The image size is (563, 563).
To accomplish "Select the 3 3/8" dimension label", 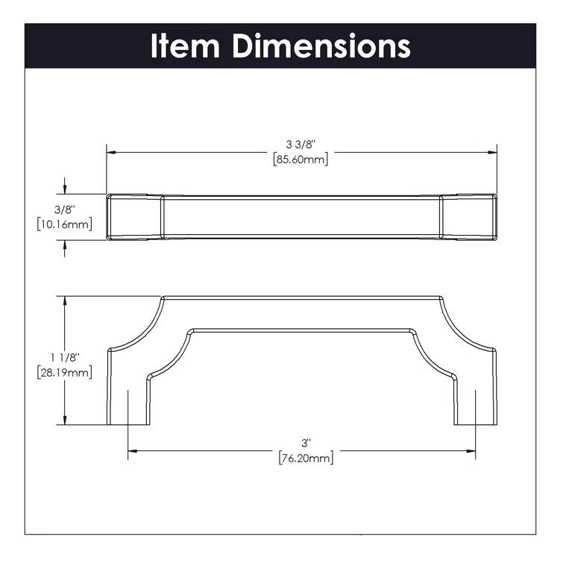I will coord(301,144).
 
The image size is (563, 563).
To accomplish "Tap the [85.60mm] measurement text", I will coord(301,159).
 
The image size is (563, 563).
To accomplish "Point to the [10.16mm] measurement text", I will coord(64,224).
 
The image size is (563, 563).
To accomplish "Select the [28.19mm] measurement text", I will coord(64,372).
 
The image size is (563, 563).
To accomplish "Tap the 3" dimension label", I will coord(306,442).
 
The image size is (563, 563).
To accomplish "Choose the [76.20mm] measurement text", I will coord(306,457).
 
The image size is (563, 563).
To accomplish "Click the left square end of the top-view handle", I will coord(134,217).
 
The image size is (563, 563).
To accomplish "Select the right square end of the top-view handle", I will coord(468,217).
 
